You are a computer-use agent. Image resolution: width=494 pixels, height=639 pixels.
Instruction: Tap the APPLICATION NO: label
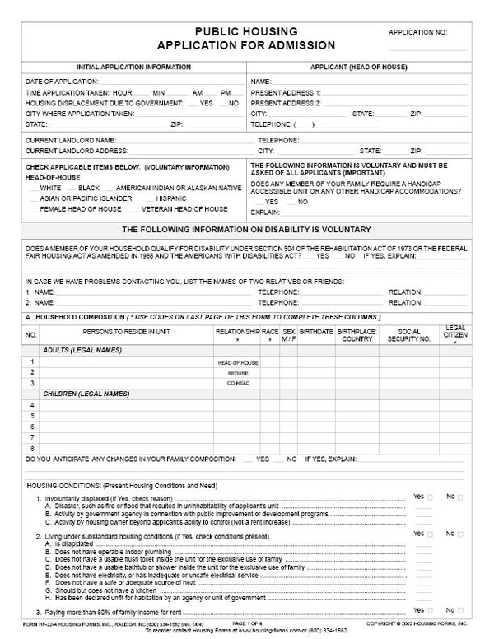[417, 32]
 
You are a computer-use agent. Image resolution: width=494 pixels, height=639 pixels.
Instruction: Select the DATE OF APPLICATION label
[62, 82]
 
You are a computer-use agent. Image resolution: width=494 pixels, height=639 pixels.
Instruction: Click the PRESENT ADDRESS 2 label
[286, 103]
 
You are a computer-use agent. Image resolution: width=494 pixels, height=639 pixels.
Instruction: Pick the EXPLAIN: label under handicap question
[265, 212]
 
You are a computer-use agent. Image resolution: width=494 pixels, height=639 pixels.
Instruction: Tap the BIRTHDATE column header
[315, 334]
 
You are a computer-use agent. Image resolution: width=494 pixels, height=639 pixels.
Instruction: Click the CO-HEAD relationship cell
[237, 383]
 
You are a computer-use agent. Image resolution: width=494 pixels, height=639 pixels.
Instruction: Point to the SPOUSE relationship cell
[237, 373]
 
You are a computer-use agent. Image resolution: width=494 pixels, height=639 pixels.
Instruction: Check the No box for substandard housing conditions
[459, 534]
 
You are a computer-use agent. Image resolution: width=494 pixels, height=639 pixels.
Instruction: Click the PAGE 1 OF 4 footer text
[247, 625]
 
